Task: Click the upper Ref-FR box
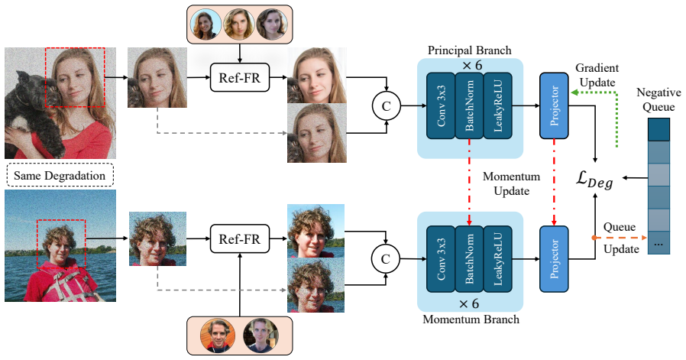point(240,77)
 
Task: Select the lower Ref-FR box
point(240,238)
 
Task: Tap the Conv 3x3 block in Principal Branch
point(441,105)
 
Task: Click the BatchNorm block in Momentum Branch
point(469,259)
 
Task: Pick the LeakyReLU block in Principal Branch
point(497,105)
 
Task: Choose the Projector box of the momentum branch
point(554,259)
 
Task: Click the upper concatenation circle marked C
point(386,105)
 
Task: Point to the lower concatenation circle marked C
point(386,258)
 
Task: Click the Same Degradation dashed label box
point(60,175)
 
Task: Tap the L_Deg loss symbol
point(594,180)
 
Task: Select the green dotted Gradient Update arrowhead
point(574,92)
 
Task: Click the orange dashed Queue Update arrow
point(620,238)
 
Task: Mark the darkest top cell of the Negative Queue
point(658,129)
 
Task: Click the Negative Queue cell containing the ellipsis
point(658,243)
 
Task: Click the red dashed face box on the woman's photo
point(46,77)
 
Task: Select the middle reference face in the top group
point(239,24)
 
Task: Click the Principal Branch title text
point(470,50)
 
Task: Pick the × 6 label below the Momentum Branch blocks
point(470,304)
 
